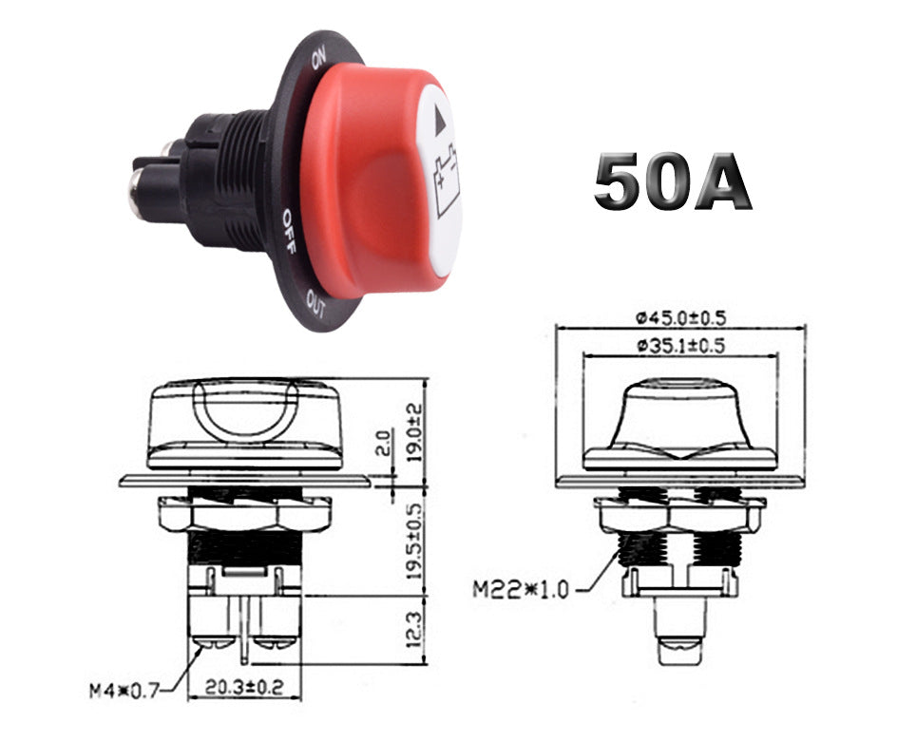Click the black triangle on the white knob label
tap(439, 122)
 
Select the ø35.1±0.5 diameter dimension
tap(679, 346)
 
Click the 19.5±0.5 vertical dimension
tap(416, 540)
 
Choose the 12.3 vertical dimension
tap(416, 632)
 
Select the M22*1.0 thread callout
tap(520, 589)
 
